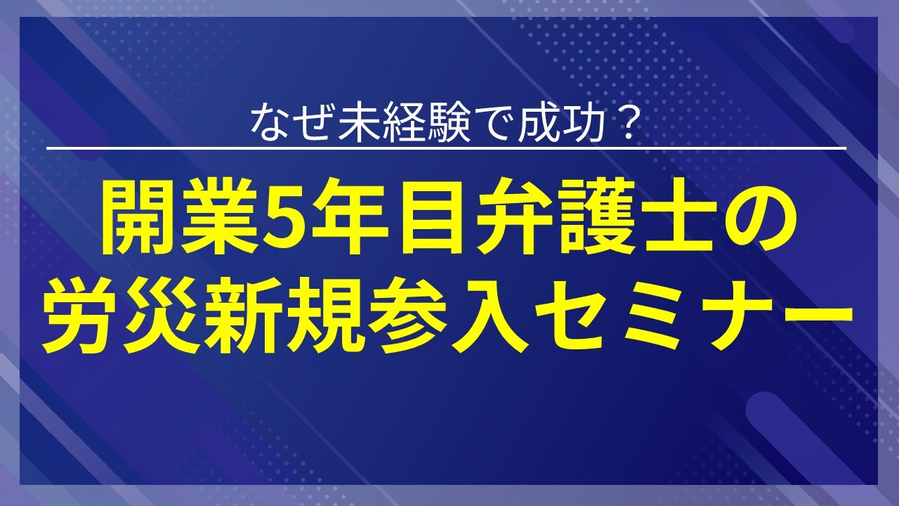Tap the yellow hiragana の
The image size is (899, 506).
click(764, 219)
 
